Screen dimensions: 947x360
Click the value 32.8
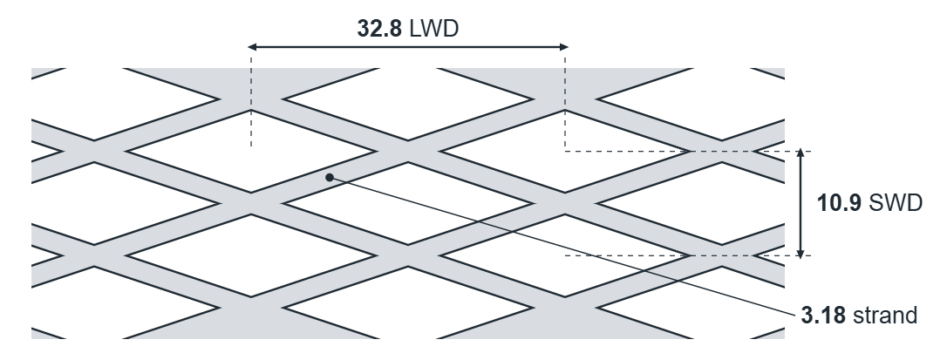[x=378, y=29]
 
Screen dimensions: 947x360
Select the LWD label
[x=433, y=29]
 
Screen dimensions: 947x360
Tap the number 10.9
[x=839, y=203]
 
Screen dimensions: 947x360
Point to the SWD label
[x=896, y=203]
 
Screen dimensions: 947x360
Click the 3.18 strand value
[x=822, y=316]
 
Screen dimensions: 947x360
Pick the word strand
[x=885, y=316]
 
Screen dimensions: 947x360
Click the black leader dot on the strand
[x=329, y=177]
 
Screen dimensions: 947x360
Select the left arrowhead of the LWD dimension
[x=253, y=46]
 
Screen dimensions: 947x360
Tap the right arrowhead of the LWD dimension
[x=563, y=46]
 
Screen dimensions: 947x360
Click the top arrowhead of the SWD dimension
[x=801, y=153]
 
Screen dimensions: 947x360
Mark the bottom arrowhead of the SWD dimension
[x=801, y=254]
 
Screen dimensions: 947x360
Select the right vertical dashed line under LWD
[x=565, y=104]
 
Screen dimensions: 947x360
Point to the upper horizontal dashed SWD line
[x=688, y=151]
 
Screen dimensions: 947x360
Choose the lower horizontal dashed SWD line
[x=688, y=255]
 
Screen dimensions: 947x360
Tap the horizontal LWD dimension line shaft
[x=408, y=46]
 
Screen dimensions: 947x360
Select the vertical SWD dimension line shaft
[x=801, y=203]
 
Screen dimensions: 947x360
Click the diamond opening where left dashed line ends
[x=251, y=151]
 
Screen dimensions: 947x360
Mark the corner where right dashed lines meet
[x=565, y=151]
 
